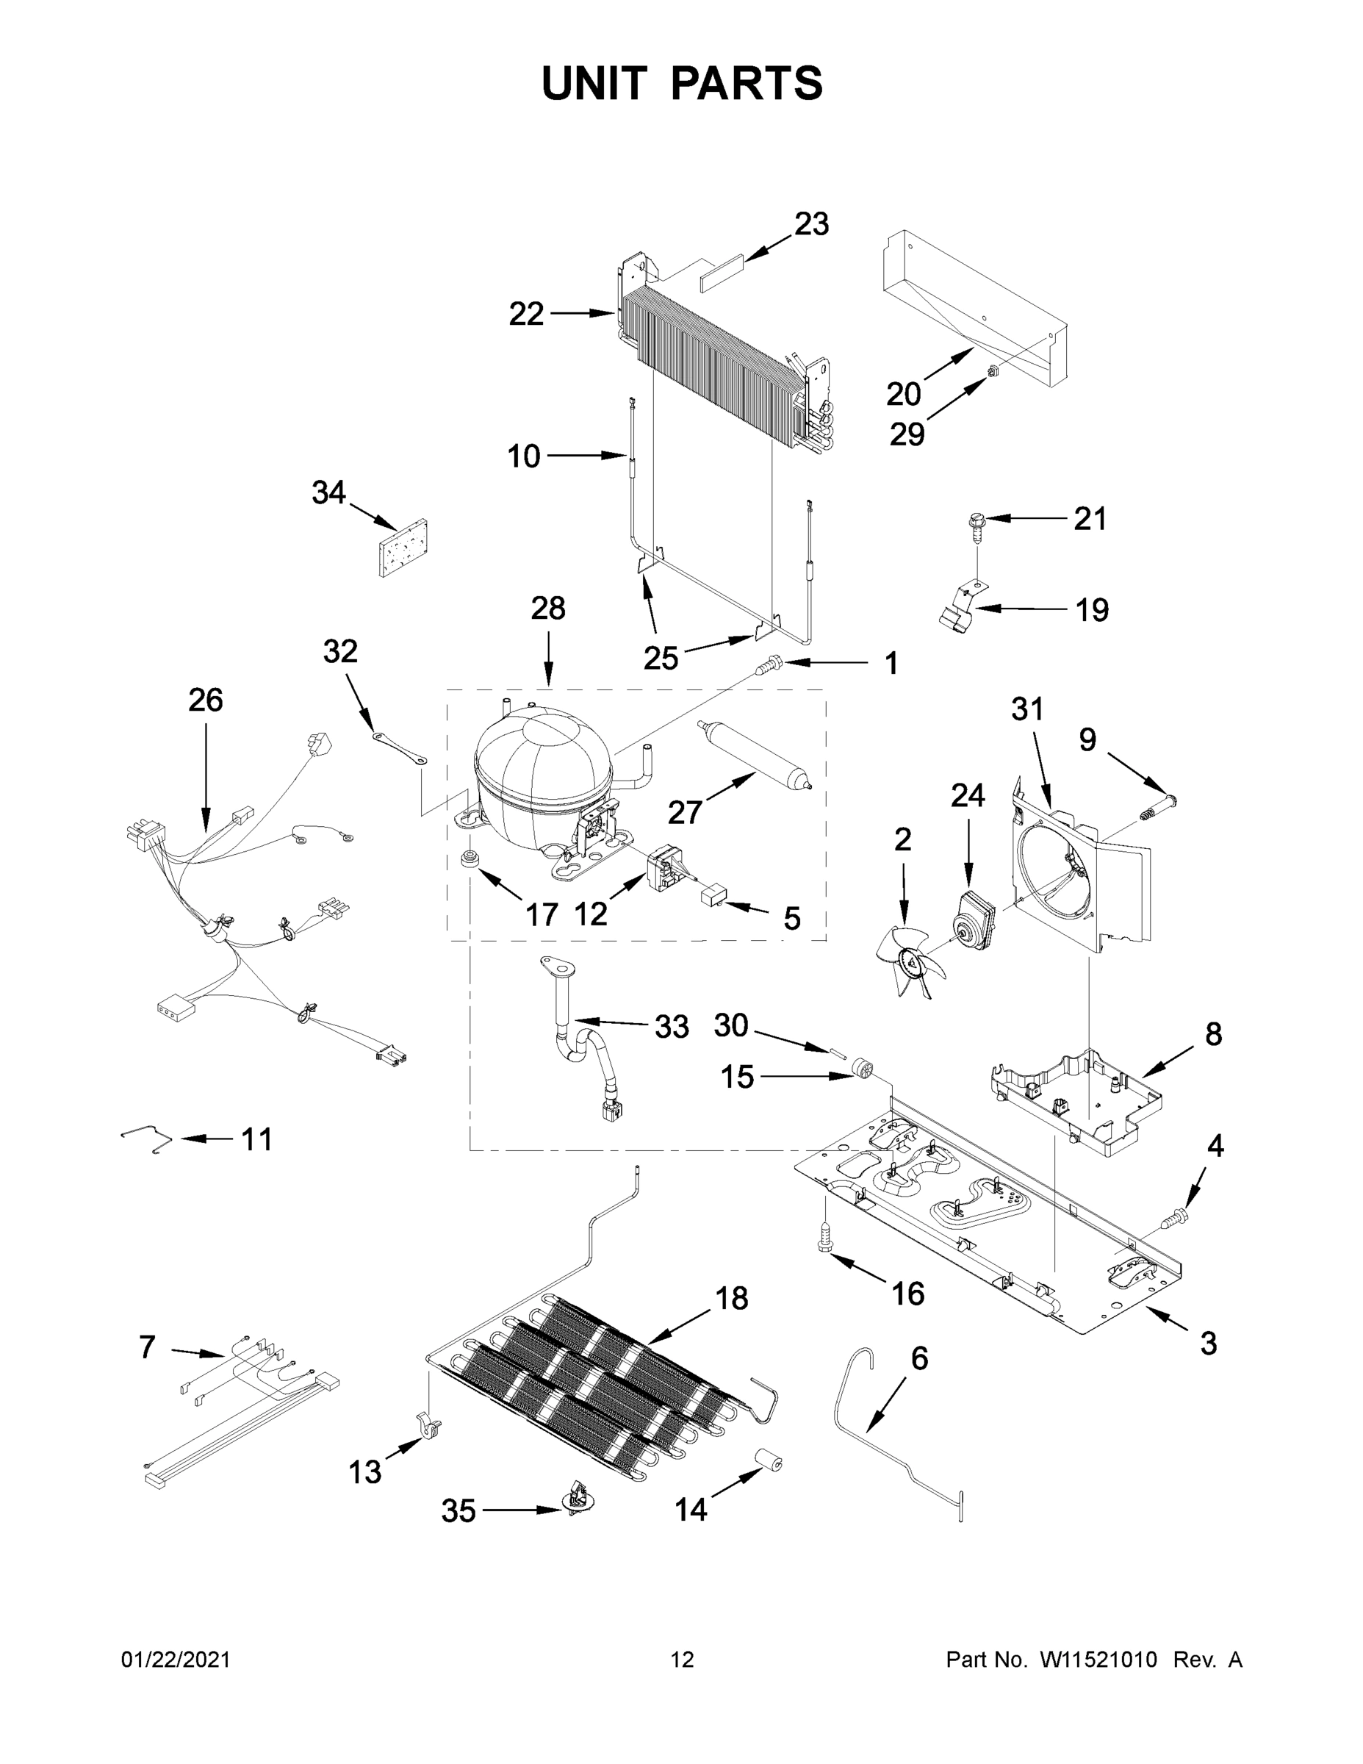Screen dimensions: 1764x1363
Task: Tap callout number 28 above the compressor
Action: point(547,607)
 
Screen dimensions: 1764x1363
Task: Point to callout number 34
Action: point(328,492)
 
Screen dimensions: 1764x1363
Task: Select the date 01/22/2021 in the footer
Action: point(175,1659)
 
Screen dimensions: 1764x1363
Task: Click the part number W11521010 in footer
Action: point(1098,1659)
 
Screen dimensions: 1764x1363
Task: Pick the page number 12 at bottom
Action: point(683,1659)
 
